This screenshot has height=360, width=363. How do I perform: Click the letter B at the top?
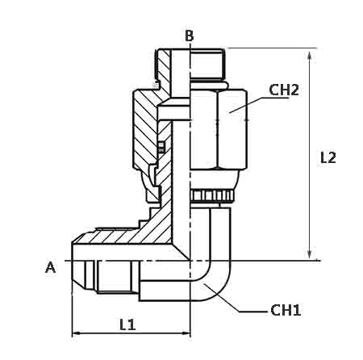[x=190, y=36]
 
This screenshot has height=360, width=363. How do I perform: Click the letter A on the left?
[x=50, y=267]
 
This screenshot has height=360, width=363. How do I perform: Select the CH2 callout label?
[x=284, y=90]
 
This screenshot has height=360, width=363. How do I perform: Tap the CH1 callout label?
[x=286, y=310]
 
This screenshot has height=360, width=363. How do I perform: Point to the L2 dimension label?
[x=328, y=157]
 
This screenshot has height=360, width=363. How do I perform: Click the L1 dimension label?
[x=127, y=324]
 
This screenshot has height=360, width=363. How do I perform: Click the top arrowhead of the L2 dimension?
[x=310, y=55]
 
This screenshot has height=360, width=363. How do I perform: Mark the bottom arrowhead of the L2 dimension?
[x=310, y=253]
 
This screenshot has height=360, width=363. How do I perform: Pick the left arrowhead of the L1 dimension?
[x=77, y=333]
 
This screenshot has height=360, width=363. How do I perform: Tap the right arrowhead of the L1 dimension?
[x=185, y=333]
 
